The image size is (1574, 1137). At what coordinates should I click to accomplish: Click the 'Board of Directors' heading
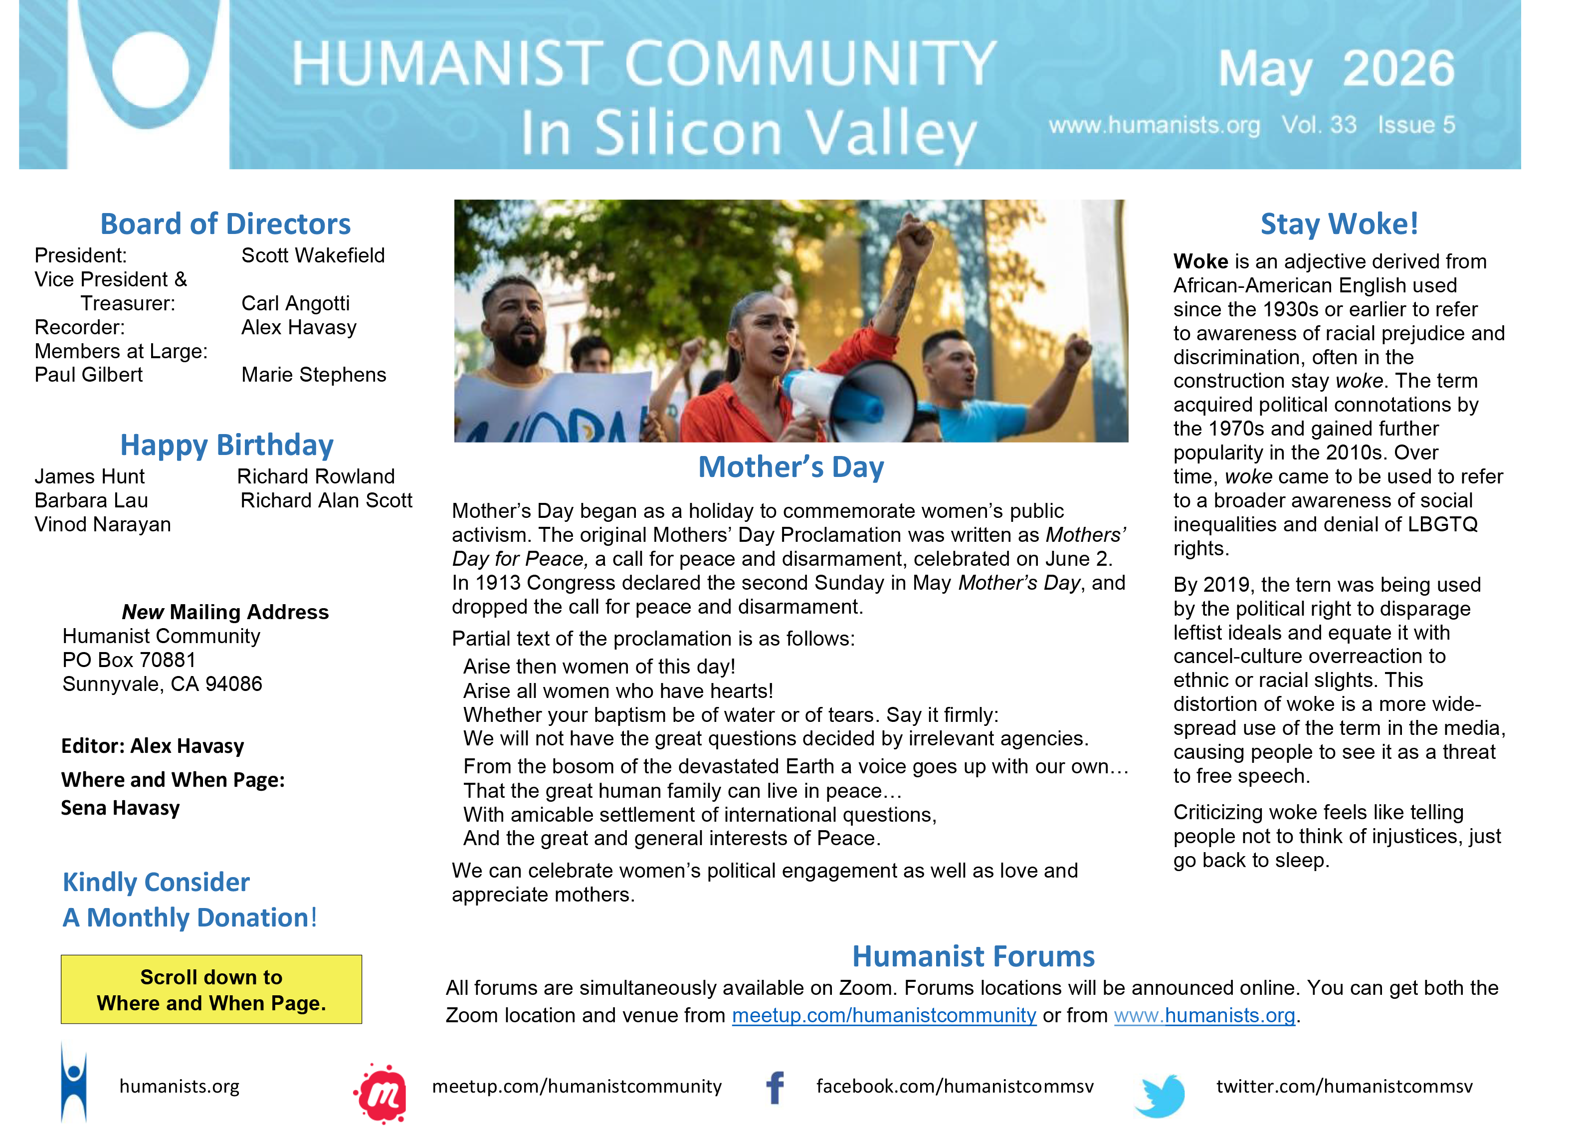tap(225, 224)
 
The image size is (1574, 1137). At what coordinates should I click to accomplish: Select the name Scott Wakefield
tap(313, 255)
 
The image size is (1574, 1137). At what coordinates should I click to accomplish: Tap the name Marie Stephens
tap(314, 375)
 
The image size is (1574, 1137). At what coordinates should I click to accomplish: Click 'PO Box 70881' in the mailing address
tap(129, 660)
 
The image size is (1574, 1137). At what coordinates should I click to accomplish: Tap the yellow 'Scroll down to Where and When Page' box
tap(211, 989)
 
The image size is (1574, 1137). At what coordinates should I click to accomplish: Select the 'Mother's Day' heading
tap(791, 467)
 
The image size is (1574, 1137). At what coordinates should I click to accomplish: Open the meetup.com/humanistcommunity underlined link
tap(884, 1016)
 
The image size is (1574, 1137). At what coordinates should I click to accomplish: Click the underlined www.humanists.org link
tap(1205, 1016)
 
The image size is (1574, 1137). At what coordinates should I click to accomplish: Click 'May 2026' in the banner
tap(1336, 69)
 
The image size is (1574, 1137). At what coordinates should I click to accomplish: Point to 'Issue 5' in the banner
tap(1416, 125)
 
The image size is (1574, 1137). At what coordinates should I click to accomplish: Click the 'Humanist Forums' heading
tap(974, 956)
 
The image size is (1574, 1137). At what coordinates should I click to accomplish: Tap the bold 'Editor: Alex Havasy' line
tap(153, 746)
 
